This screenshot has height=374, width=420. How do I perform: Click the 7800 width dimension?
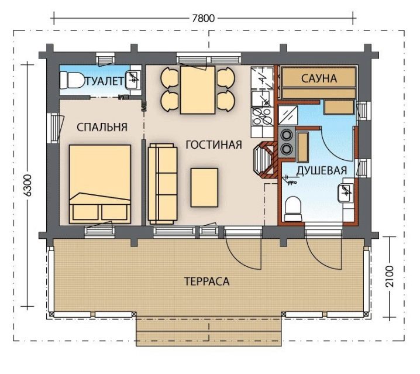point(204,18)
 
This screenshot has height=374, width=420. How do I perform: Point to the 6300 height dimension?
point(27,186)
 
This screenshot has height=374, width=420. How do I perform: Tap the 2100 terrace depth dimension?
point(390,276)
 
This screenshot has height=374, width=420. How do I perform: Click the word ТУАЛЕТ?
point(105,81)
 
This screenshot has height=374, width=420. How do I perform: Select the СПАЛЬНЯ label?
point(102,127)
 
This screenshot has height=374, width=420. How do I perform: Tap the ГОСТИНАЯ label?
point(214,145)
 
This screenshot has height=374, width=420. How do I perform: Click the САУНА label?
point(319,78)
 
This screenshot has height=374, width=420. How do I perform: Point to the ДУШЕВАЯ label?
point(322,170)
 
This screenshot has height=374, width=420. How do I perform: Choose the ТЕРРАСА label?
point(207,282)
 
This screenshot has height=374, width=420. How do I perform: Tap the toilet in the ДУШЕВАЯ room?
point(293,210)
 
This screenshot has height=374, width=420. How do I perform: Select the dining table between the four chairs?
point(198,90)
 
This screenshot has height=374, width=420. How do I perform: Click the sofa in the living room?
point(163,184)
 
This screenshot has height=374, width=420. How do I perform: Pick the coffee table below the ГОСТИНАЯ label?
point(204,187)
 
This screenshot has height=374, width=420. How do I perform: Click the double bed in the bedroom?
point(100,184)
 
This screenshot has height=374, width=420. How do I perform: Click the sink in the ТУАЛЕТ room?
point(133,80)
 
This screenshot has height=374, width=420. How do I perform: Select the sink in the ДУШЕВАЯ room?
point(345,193)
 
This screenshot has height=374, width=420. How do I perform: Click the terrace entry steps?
point(209,331)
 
